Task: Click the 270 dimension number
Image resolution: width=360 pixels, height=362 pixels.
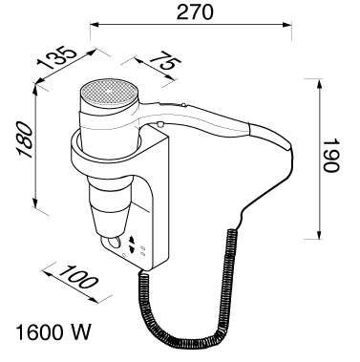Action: (x=195, y=11)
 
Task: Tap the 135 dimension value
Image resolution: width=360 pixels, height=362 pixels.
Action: (x=57, y=57)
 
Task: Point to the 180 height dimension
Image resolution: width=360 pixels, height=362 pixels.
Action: (x=25, y=139)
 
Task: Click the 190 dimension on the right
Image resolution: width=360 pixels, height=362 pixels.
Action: (x=331, y=155)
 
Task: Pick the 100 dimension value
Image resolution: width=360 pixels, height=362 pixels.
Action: (x=77, y=276)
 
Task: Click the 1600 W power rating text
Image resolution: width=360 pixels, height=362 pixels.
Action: (x=53, y=331)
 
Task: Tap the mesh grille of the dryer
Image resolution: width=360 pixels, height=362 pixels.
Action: (x=110, y=93)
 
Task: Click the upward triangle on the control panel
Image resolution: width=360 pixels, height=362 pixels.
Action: (x=132, y=240)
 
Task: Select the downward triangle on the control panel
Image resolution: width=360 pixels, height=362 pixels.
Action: (x=132, y=248)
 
